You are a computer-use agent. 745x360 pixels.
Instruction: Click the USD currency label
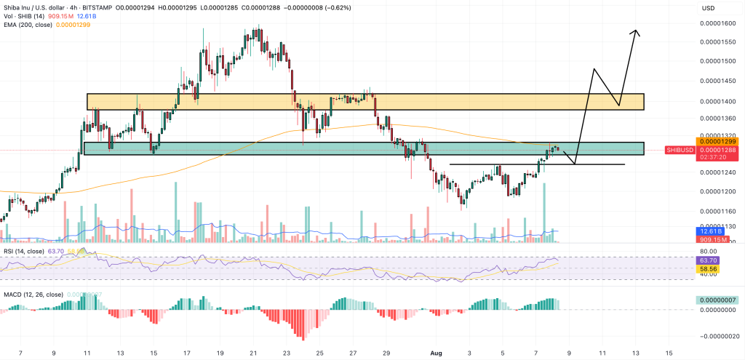click(708, 8)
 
